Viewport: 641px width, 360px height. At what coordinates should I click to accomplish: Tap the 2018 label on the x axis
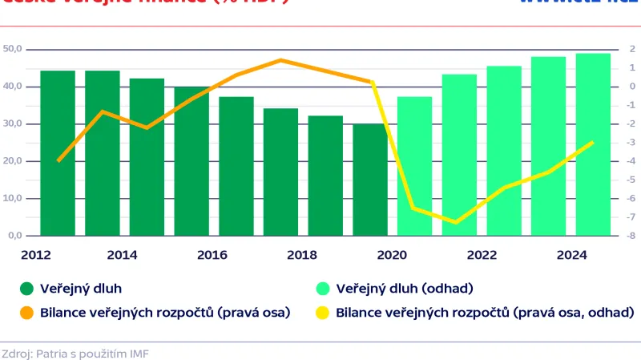point(302,256)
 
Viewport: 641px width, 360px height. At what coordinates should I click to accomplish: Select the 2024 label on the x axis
point(570,256)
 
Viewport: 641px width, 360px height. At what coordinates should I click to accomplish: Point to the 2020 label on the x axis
point(392,256)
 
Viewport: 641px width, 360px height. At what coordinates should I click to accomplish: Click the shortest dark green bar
point(370,180)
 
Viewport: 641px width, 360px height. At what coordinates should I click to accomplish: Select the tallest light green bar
point(594,144)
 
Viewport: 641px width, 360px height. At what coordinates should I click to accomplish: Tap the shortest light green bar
point(415,166)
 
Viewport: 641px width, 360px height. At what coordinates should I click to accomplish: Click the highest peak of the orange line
point(280,60)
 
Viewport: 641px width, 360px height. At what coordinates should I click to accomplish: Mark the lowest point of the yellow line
point(456,222)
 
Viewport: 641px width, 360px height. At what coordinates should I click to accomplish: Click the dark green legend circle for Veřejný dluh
point(26,289)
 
